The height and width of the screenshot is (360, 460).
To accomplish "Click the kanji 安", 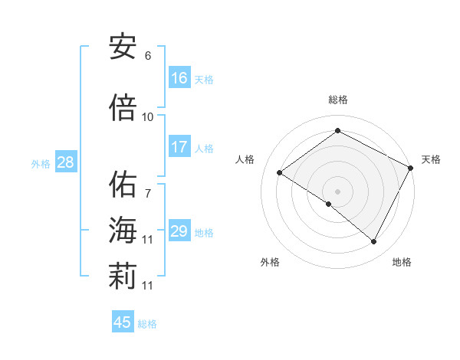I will [123, 47].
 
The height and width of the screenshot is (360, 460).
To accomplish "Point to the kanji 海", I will [123, 231].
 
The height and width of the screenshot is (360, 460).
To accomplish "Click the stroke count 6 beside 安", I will [147, 56].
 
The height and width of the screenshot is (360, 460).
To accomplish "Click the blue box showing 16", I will [179, 77].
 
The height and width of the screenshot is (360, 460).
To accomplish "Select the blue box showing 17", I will [179, 146].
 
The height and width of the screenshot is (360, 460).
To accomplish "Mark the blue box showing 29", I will [179, 231].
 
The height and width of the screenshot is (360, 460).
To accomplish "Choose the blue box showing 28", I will [65, 162].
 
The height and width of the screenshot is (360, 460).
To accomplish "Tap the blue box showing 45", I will [123, 322].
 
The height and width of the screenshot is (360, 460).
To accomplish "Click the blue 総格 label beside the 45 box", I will [147, 324].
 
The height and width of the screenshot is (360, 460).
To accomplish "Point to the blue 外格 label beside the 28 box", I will [41, 163].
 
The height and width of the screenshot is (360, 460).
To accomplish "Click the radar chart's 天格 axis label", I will [431, 159].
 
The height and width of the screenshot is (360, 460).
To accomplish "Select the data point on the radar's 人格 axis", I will [280, 172].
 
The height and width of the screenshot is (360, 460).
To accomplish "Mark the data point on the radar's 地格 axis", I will [374, 242].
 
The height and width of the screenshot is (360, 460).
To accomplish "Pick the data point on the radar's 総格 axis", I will [337, 130].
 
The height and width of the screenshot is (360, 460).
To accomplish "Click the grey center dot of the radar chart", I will [337, 191].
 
